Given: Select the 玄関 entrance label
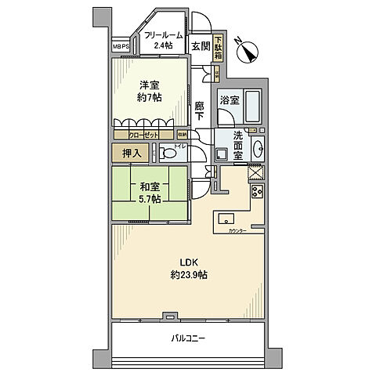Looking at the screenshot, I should click(x=201, y=46).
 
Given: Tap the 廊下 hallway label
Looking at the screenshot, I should click(x=201, y=110).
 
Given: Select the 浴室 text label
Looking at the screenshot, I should click(x=230, y=100).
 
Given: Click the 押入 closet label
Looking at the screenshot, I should click(x=132, y=153).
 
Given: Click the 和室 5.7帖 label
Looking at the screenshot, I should click(x=151, y=193).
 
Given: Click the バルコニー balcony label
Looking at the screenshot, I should click(x=190, y=338).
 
